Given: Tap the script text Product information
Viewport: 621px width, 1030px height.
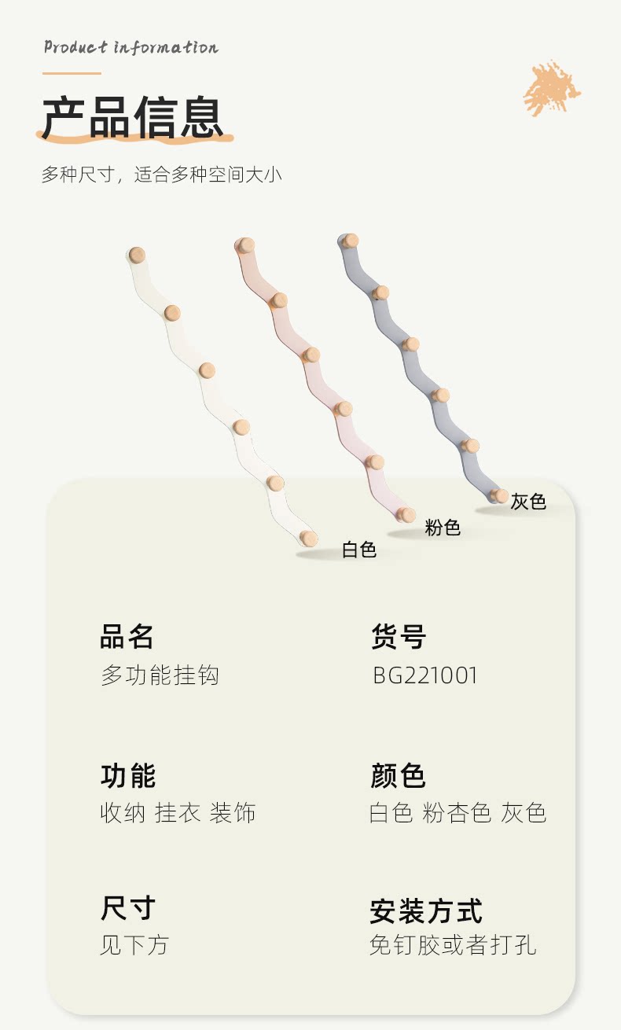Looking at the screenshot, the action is [130, 47].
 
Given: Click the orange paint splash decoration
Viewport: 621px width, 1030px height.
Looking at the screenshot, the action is [552, 88].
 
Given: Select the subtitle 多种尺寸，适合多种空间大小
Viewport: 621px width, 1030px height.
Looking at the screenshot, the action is [161, 174].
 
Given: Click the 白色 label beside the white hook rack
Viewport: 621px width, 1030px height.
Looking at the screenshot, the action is [359, 550].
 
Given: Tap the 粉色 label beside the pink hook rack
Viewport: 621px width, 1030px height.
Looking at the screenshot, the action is [443, 528].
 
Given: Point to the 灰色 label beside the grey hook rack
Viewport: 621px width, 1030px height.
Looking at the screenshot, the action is [528, 501].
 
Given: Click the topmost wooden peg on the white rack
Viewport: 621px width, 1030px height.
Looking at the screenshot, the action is [138, 255].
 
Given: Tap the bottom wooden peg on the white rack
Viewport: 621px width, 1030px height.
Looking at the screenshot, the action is [309, 539].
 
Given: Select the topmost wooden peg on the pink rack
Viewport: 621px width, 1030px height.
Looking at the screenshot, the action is [247, 245].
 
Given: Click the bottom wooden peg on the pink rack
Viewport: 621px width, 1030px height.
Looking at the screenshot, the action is [406, 515].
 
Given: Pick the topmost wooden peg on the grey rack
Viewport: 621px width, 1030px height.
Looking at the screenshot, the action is [351, 241].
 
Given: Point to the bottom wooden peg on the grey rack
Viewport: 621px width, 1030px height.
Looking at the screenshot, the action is [499, 495].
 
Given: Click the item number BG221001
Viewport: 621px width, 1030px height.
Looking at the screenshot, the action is [425, 675].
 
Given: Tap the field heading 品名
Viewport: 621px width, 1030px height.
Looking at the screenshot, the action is [127, 636].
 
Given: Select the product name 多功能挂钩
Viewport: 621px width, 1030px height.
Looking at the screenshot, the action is [160, 675].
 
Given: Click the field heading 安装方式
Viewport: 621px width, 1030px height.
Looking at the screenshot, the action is [426, 911].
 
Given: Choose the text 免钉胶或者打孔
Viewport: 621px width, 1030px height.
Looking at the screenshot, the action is [453, 944].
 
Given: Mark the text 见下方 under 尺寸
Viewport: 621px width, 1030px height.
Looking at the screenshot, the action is [134, 944].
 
